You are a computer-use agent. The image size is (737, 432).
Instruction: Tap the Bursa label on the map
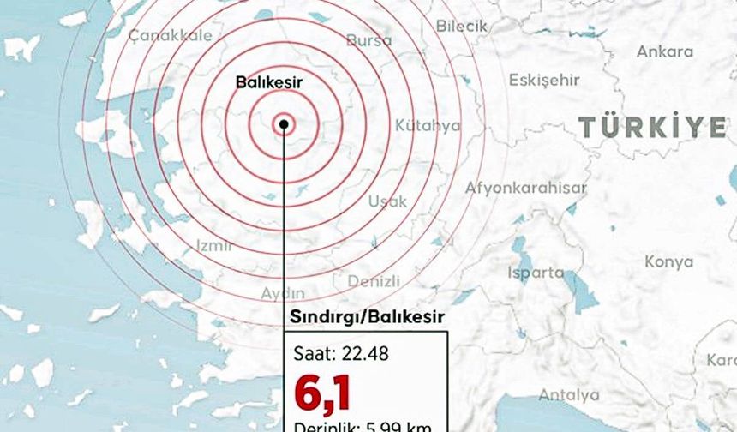coord(368,40)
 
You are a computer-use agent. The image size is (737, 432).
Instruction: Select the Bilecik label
coord(461,27)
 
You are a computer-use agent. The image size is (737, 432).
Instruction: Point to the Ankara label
coord(664,51)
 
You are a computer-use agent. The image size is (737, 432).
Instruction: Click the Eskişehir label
coord(544,81)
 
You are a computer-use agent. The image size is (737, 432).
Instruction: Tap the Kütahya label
coord(427,126)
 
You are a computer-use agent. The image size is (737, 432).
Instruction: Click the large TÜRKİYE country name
coord(652,128)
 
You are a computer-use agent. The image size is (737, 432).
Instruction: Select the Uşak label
coord(387,201)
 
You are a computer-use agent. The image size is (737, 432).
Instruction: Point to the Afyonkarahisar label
coord(526,189)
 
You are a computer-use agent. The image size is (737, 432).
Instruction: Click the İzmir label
coord(215,246)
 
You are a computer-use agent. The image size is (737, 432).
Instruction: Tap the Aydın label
coord(283,293)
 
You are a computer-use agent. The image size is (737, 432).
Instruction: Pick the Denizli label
coord(374,281)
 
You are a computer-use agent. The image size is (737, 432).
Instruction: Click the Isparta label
coord(536,273)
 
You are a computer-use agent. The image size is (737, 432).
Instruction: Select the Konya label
coord(668,262)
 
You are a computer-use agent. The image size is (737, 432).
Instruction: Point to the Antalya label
coord(569,395)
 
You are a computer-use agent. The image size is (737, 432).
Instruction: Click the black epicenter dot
coord(283,125)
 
